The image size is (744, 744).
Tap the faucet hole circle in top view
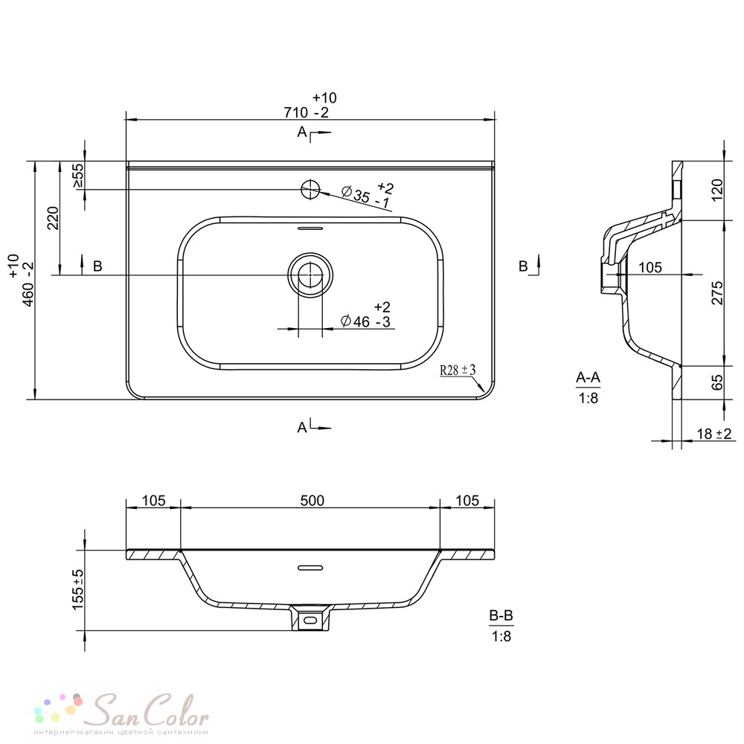coord(310,190)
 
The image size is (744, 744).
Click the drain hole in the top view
coord(310,275)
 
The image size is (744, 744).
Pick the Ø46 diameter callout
coord(366,314)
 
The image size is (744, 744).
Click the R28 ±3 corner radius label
coord(458,370)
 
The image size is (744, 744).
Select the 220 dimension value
coord(53,218)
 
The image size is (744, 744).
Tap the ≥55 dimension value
coord(78,176)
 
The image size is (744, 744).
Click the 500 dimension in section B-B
coord(312,501)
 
